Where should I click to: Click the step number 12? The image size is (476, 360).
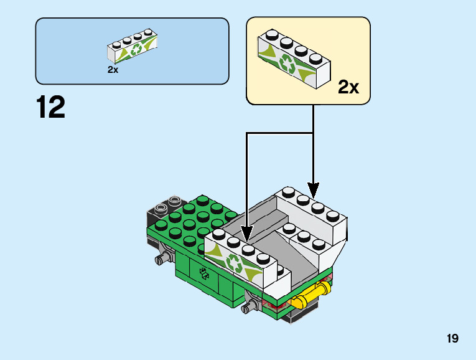[x=50, y=107]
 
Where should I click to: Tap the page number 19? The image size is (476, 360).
[x=452, y=339]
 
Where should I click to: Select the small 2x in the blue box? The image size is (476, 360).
[x=113, y=70]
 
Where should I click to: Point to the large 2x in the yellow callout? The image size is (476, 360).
[x=348, y=87]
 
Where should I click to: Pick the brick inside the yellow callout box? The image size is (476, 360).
[x=292, y=59]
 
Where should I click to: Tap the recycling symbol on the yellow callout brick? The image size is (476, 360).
[x=289, y=64]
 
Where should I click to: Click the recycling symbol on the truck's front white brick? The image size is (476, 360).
[x=236, y=263]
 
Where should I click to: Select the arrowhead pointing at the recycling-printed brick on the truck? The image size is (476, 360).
[x=247, y=235]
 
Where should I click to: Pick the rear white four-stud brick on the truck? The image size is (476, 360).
[x=311, y=215]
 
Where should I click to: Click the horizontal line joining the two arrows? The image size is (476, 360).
[x=280, y=133]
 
